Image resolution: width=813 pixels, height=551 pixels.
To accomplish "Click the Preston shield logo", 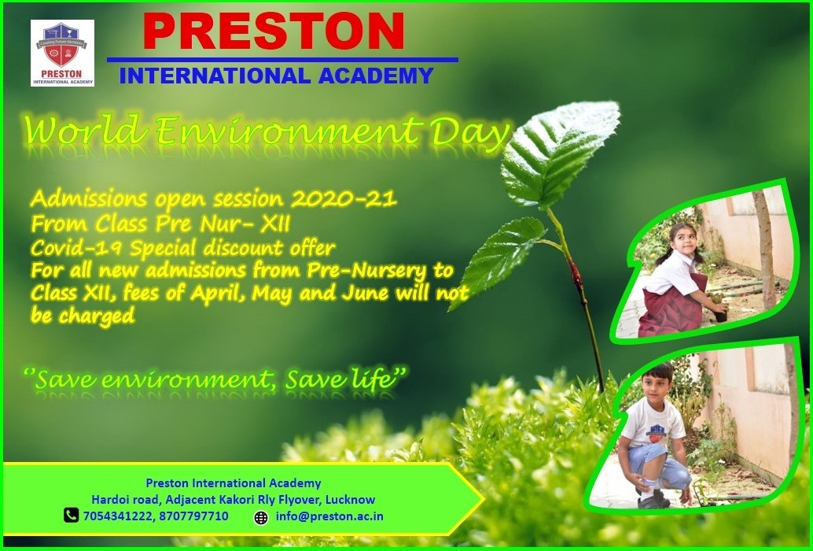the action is click(x=62, y=53).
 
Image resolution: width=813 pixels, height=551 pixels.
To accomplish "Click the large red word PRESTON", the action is click(x=274, y=32).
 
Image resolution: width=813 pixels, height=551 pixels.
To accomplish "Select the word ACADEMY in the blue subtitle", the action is click(x=375, y=76).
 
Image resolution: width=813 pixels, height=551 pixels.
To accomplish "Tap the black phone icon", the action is click(x=71, y=516).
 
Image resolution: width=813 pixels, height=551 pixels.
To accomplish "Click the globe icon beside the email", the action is click(x=261, y=517).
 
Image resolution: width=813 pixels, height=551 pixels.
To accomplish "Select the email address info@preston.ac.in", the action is click(x=329, y=516).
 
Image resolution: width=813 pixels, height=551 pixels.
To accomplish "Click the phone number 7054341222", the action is click(x=118, y=516).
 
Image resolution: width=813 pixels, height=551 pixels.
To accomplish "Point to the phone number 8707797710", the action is click(x=193, y=516).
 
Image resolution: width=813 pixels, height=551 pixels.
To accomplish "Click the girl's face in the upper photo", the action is click(x=682, y=240).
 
